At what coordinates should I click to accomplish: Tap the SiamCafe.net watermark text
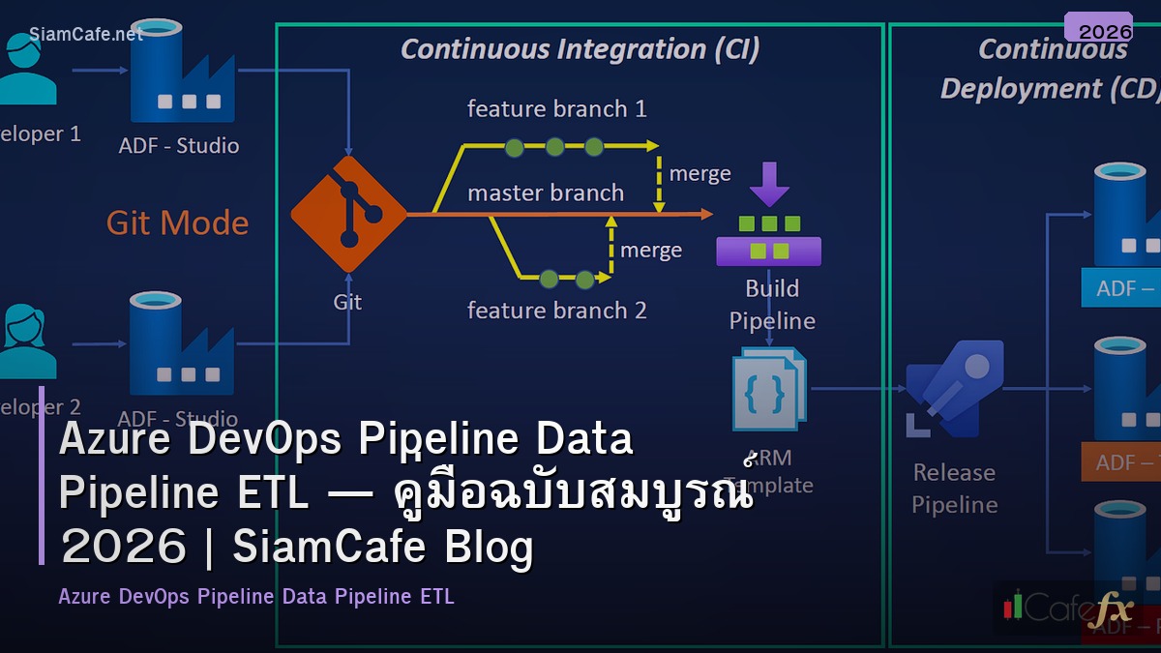86,34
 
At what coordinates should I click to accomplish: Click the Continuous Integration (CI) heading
580,49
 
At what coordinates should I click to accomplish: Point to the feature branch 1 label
556,108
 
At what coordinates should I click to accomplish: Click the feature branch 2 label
556,311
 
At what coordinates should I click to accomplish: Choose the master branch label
546,193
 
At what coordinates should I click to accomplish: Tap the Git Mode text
177,223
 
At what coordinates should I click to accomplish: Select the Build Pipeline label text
771,304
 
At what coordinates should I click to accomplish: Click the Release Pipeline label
954,489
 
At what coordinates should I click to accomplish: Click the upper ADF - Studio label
178,146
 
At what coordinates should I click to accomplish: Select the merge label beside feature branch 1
700,174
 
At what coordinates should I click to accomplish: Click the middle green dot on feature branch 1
554,147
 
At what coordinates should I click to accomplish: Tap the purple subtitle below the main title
255,596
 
